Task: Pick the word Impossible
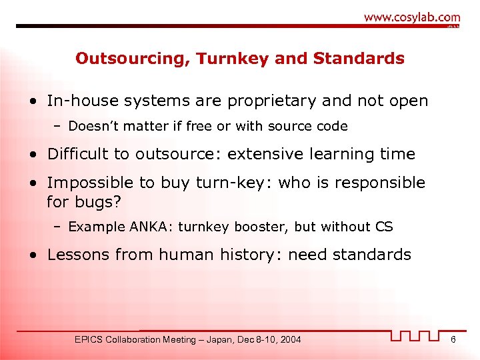(88, 183)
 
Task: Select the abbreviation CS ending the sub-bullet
(384, 227)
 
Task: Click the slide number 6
(453, 340)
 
